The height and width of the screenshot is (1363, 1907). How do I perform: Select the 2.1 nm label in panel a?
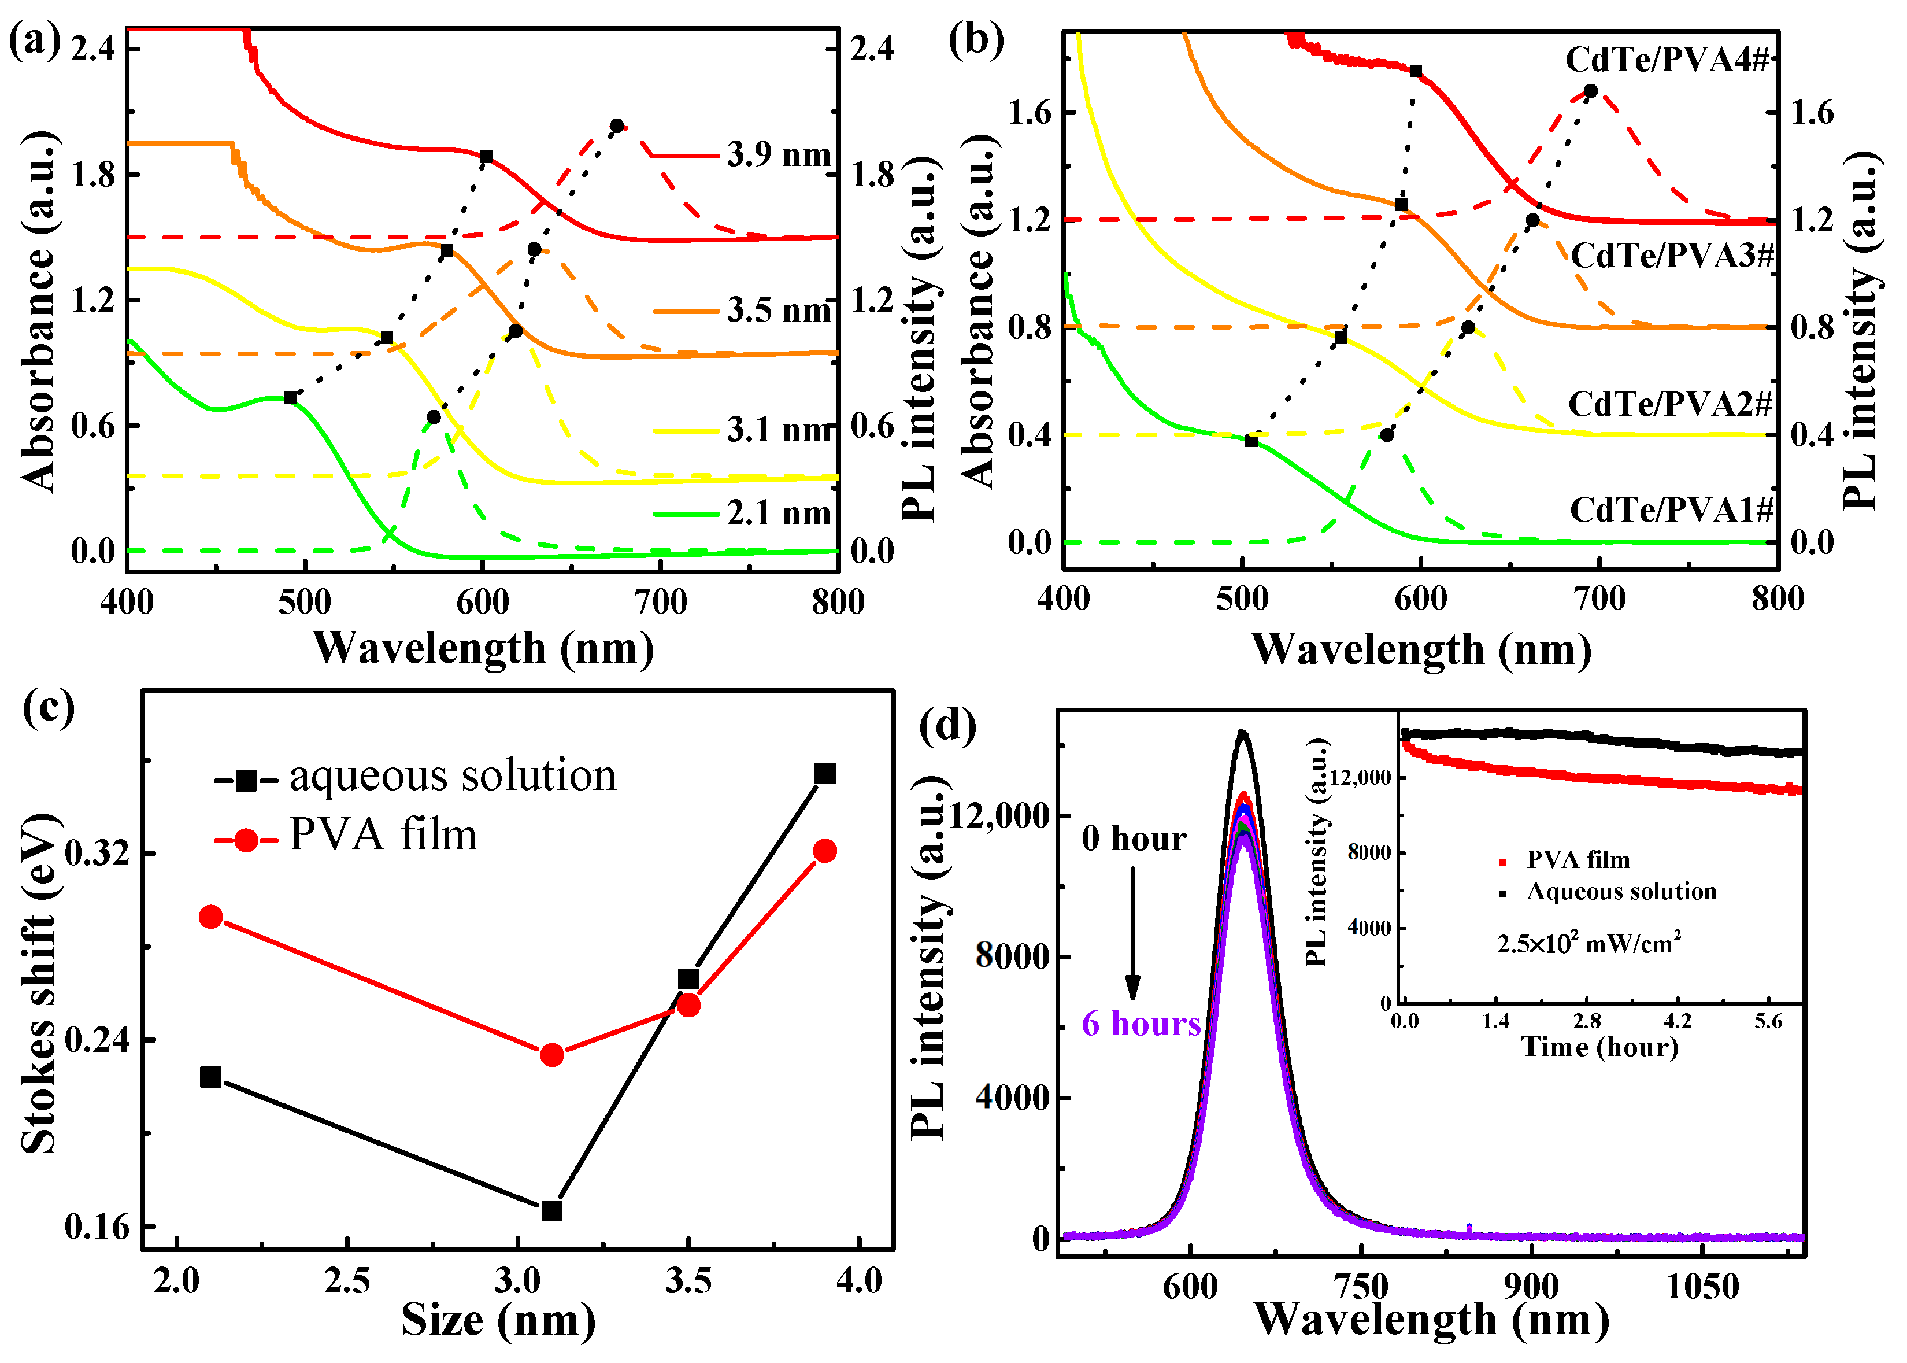777,513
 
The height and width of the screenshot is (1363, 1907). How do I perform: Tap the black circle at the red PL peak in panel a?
617,126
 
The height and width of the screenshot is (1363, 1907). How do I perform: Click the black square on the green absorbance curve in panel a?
290,398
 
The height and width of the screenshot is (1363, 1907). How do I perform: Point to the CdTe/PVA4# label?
1666,60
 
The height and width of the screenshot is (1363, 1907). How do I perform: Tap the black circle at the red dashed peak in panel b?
1590,91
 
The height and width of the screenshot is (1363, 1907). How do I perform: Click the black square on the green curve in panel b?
1251,441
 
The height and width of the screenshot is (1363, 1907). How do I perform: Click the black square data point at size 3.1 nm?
551,1210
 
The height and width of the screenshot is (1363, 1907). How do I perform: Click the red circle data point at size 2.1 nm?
210,917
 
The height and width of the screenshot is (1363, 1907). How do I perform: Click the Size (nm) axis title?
498,1320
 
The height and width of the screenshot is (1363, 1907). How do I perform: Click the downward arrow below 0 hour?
1132,932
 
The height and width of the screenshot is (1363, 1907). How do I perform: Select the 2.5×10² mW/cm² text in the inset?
1588,943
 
